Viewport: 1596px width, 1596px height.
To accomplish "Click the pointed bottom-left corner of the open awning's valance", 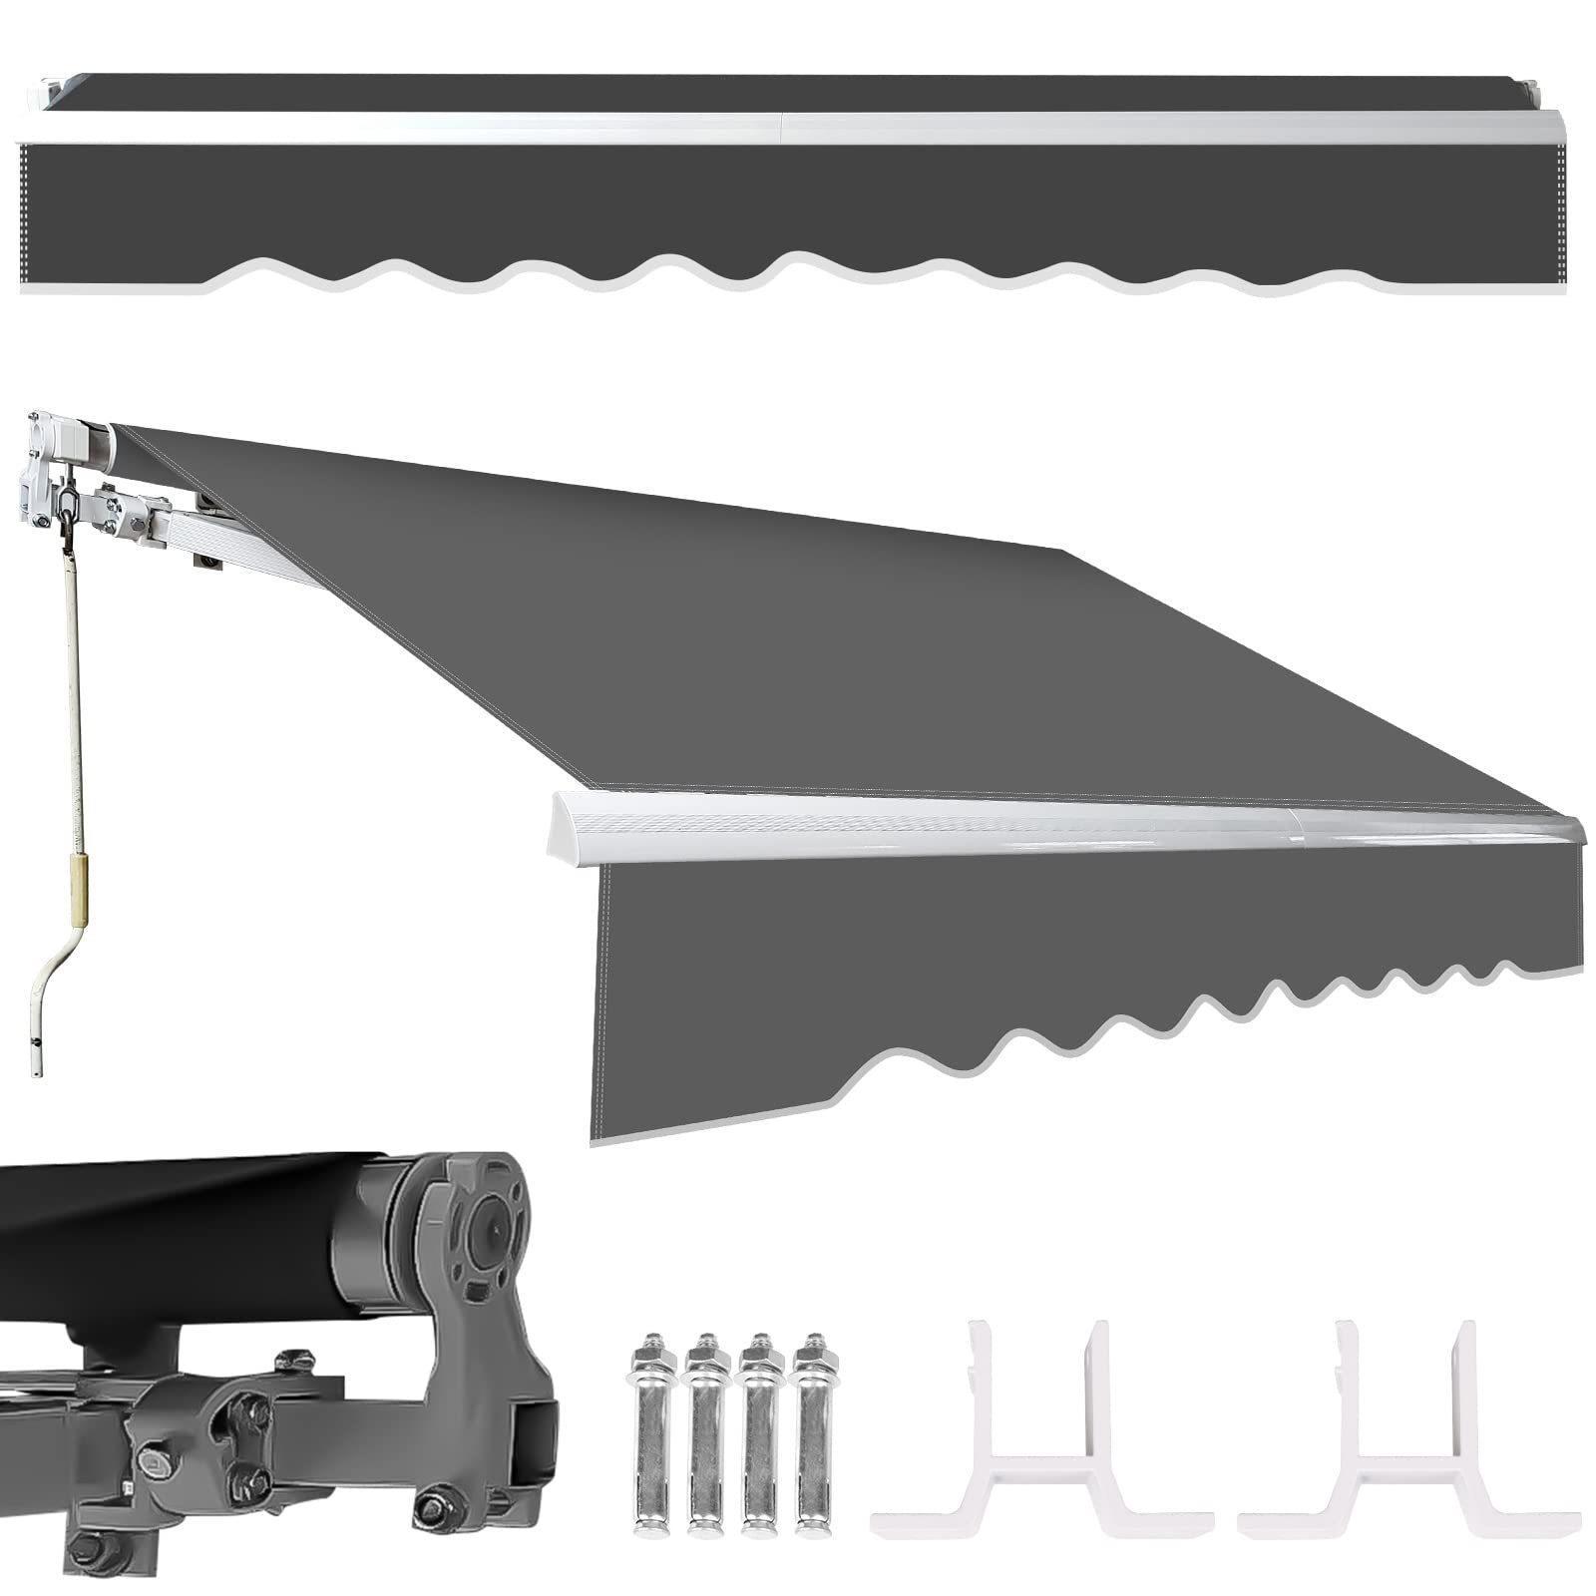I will coord(597,1137).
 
